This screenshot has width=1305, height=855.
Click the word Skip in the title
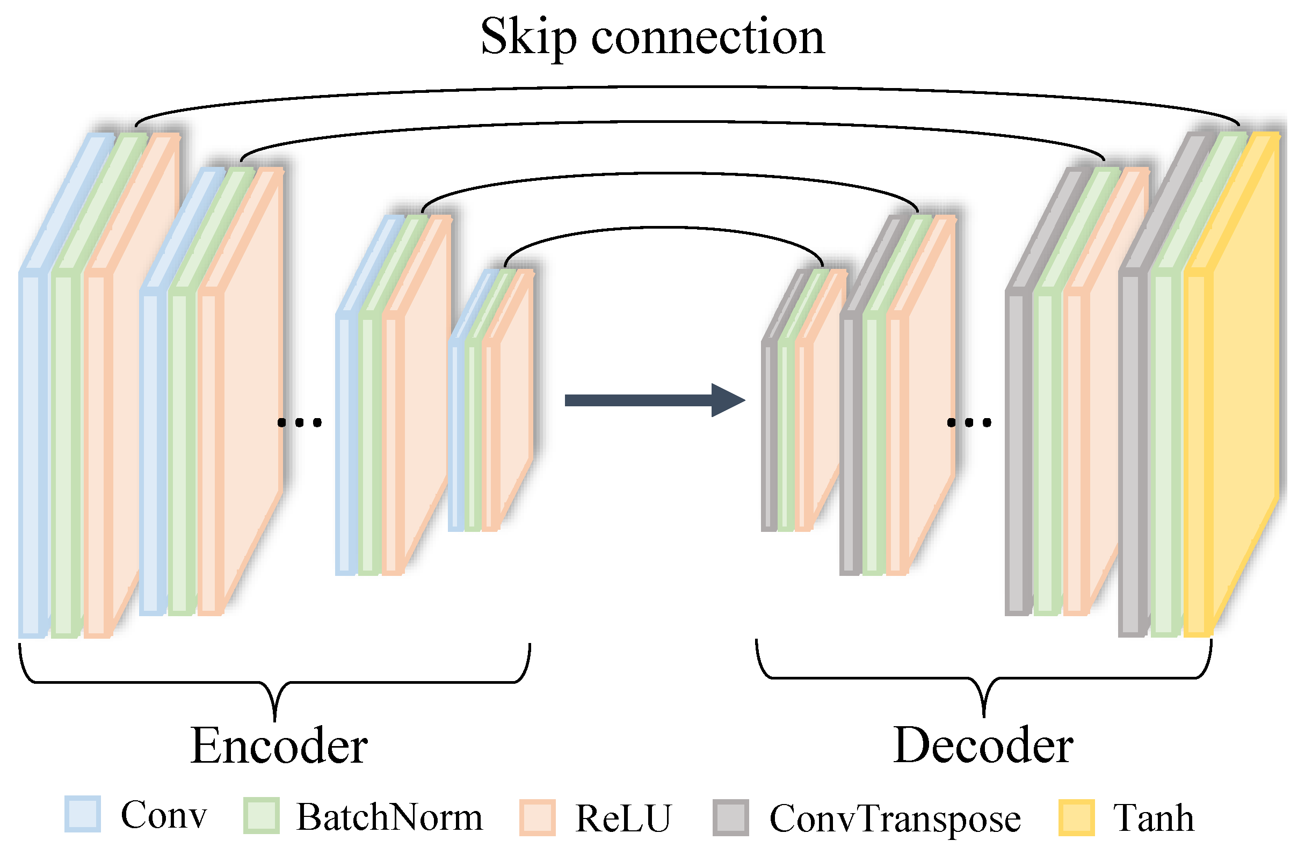[527, 37]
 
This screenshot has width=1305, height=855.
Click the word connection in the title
[707, 37]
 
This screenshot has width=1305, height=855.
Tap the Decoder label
[983, 746]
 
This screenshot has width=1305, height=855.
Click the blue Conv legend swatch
[82, 814]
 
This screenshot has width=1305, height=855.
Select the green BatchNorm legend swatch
[261, 815]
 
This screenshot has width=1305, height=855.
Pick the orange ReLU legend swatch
[537, 817]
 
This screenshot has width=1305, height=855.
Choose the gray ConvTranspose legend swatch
[730, 817]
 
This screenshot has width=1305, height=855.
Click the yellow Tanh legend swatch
[1076, 817]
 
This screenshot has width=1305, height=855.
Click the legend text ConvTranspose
[895, 819]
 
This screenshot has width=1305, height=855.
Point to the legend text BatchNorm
[389, 817]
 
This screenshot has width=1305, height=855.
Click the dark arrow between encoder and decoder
[653, 400]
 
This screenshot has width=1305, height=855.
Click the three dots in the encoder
[299, 422]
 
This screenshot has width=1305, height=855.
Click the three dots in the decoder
[969, 422]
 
